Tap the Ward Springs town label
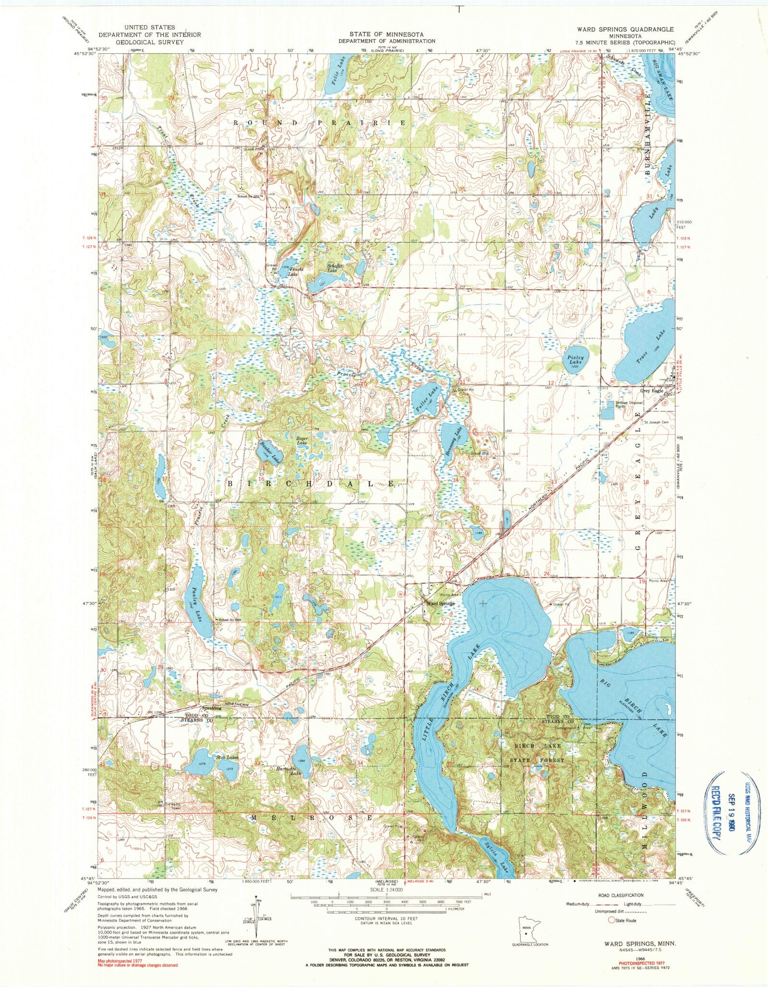click(438, 604)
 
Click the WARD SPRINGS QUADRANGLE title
click(619, 29)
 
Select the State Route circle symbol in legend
click(611, 920)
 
